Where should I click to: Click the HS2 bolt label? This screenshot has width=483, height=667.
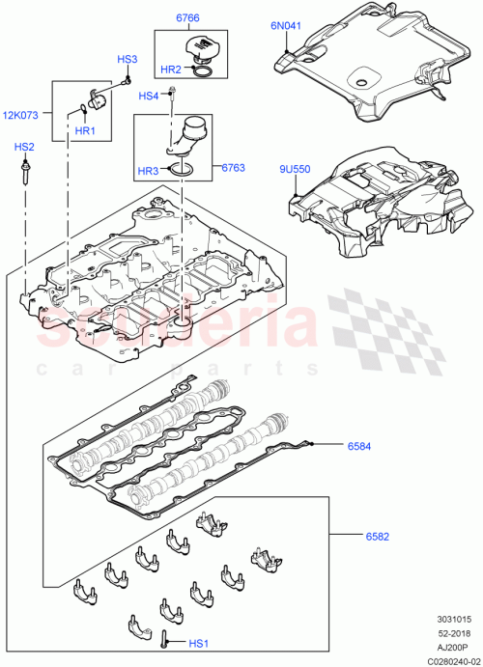[24, 147]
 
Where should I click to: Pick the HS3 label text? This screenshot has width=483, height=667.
[128, 60]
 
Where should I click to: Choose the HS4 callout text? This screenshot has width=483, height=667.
[148, 96]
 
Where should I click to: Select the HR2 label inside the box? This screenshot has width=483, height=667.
[170, 69]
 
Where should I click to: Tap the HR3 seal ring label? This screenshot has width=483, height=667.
[147, 171]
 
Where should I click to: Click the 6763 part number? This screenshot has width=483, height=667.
[233, 167]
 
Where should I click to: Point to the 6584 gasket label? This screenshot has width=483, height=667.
[359, 446]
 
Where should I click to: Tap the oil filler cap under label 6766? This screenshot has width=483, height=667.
[204, 49]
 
